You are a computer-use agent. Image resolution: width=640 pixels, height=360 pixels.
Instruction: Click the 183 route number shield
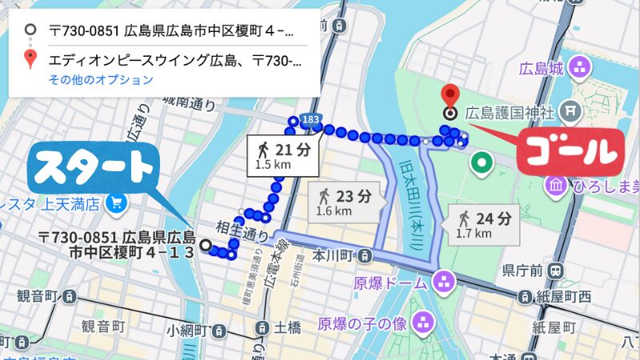(x=311, y=118)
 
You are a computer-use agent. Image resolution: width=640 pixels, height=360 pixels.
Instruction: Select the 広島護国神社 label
(x=512, y=111)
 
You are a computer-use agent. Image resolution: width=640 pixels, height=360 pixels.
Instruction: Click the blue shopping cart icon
(x=118, y=203)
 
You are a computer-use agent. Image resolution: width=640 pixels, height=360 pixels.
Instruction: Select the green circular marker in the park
(x=482, y=165)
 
